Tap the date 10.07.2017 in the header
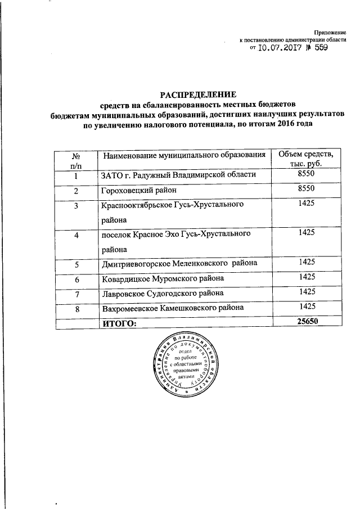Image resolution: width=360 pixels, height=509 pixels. coord(277,49)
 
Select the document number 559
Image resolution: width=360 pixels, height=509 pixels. coord(318,49)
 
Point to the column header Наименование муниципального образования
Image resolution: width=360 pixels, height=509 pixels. coord(183,155)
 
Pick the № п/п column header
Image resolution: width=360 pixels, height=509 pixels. coord(76,160)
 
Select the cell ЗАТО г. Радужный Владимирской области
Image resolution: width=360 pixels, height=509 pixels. coord(178,175)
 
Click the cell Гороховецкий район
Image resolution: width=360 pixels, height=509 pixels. coord(138,191)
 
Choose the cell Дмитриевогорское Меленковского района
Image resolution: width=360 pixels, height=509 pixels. coord(179,263)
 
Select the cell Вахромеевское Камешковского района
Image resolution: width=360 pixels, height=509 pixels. coord(173,308)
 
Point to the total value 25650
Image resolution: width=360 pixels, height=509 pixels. coord(306,322)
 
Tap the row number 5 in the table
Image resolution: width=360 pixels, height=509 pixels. coord(76,263)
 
